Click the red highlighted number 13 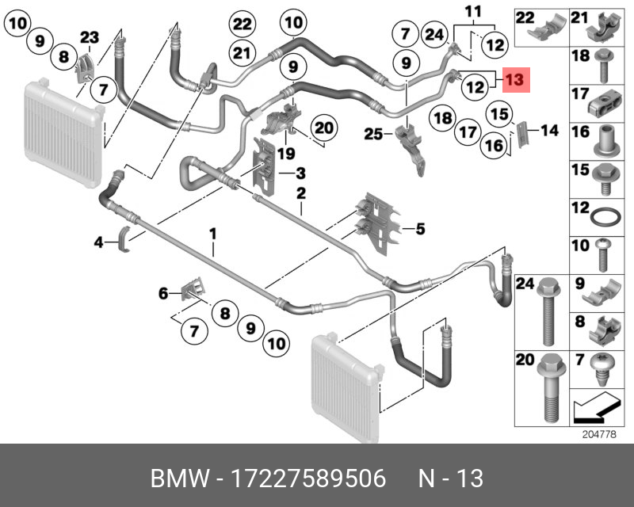tap(514, 80)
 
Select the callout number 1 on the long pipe tap(212, 233)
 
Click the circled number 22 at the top tap(242, 24)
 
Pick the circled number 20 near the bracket tap(323, 128)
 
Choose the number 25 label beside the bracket tap(373, 135)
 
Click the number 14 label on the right tap(549, 131)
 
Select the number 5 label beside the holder tap(419, 230)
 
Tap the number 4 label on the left tap(99, 242)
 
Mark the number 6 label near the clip tap(163, 294)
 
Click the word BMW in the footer tap(176, 479)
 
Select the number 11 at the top tap(473, 11)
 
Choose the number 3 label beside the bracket tap(300, 173)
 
